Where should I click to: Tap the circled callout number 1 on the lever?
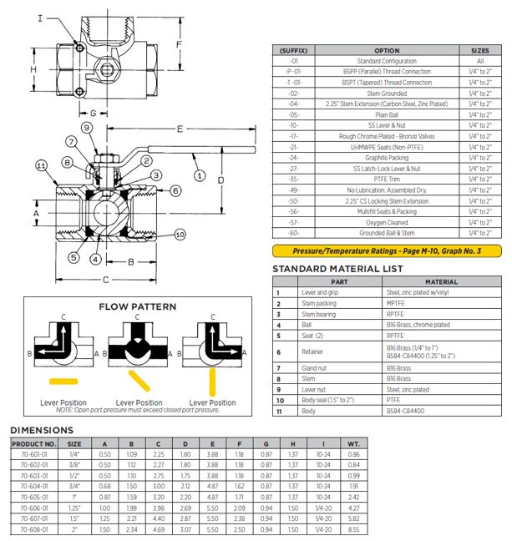point(200,175)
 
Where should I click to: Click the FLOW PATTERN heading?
point(138,306)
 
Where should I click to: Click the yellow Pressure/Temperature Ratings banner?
point(387,250)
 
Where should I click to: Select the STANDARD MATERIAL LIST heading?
point(338,269)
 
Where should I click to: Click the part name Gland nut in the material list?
point(316,367)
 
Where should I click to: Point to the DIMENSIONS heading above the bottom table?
point(42,430)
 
